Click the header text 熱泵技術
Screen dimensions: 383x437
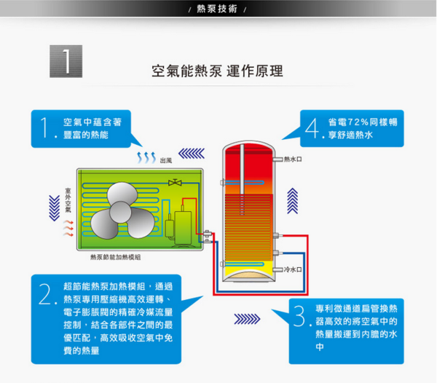[218, 9]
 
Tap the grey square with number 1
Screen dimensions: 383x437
[66, 61]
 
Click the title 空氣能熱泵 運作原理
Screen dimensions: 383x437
[217, 71]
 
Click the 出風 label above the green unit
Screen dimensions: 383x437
[166, 159]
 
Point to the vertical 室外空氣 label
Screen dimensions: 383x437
[68, 199]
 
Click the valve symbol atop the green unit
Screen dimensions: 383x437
[175, 182]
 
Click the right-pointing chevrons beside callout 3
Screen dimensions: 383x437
[247, 319]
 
